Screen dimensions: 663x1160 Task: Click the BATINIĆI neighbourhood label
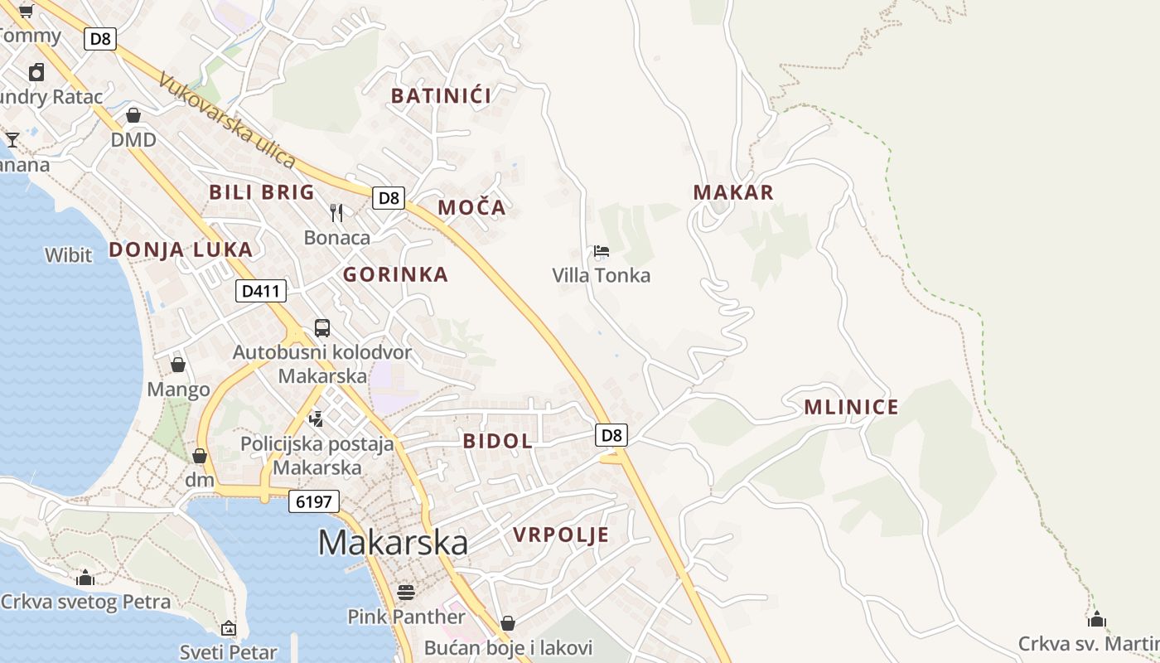(x=441, y=96)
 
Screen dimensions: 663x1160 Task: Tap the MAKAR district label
(x=733, y=192)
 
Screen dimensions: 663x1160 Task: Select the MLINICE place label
(x=851, y=407)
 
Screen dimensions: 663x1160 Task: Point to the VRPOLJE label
(x=561, y=535)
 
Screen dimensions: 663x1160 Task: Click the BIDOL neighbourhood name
(x=498, y=441)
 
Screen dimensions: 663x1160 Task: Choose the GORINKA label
(x=395, y=274)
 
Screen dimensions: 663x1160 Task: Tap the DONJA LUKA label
(x=181, y=249)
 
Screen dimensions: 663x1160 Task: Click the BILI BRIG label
(x=262, y=192)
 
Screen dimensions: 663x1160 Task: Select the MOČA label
(x=471, y=207)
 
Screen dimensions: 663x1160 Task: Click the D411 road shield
(x=261, y=291)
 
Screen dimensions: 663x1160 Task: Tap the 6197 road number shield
(x=314, y=501)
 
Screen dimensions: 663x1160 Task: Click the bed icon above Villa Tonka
(x=602, y=251)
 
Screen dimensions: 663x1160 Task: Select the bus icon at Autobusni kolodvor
(x=322, y=328)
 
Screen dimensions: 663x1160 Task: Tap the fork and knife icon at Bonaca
(x=336, y=213)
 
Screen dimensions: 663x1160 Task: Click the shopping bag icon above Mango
(x=178, y=365)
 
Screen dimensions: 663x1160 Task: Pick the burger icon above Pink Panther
(x=406, y=592)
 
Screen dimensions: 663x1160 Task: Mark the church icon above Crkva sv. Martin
(x=1097, y=619)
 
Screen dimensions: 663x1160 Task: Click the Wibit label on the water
(x=69, y=255)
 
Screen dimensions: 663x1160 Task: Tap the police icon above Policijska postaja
(x=316, y=419)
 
